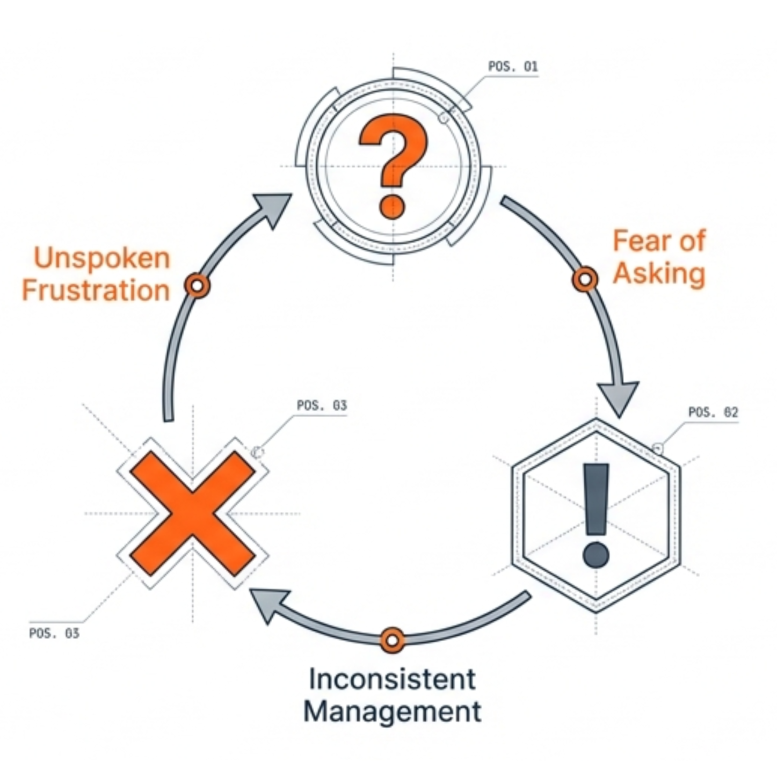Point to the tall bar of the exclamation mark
596,499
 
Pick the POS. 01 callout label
512,67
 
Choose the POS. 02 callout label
713,412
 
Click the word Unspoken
102,258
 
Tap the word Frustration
96,291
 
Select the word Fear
640,241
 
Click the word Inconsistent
392,679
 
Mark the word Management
392,712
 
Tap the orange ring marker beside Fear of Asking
585,279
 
